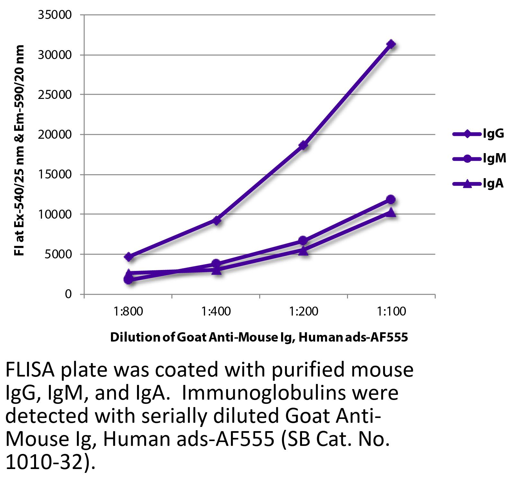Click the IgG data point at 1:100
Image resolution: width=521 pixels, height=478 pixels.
391,44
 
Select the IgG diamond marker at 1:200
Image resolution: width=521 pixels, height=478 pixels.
303,145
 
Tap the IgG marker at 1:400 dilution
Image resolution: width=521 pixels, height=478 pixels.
216,221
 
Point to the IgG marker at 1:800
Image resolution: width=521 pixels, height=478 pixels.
128,256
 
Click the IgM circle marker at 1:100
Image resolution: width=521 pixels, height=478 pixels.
391,199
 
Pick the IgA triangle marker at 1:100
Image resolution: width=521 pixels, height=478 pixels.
391,212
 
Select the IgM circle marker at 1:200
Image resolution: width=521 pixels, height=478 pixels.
303,240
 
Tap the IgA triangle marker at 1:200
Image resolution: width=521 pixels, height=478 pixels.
303,251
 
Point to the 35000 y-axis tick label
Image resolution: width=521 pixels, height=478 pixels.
54,15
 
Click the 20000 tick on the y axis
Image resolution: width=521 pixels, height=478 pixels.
54,135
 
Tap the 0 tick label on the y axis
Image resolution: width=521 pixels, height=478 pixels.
68,294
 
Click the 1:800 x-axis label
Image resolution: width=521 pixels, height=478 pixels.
128,311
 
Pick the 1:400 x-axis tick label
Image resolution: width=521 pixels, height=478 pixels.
216,311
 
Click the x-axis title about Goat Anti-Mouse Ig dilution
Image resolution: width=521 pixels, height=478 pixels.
259,337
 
